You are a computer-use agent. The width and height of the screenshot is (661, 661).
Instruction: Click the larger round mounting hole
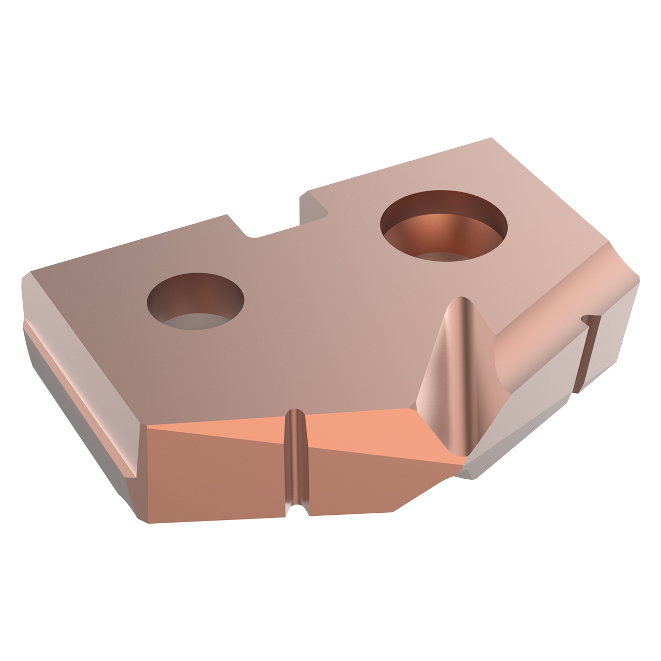444,226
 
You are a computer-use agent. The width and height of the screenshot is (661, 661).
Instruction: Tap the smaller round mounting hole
195,301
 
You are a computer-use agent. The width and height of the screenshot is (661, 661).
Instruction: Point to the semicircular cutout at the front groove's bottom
296,511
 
